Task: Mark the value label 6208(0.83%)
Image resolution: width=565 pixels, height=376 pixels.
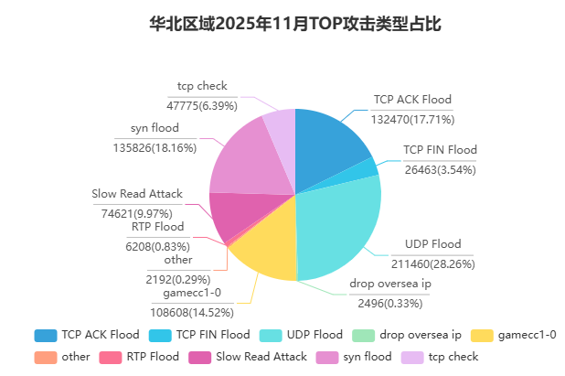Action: pos(158,246)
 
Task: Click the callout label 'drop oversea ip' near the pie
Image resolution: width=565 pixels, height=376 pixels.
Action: pos(390,284)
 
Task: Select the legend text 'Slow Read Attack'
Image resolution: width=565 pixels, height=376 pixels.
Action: pos(263,357)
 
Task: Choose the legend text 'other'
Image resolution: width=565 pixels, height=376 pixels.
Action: pos(76,357)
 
